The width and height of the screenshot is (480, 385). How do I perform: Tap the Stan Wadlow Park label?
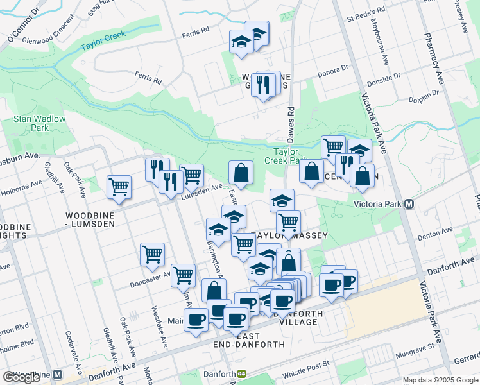tap(31, 123)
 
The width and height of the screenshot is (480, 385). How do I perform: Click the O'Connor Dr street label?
tap(23, 30)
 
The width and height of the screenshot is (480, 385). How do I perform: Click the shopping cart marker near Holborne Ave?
tap(119, 187)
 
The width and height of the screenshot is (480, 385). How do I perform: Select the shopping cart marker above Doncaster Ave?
tap(152, 254)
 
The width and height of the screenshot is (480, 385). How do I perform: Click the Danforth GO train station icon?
tap(242, 373)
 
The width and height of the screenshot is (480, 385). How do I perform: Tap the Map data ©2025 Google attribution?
tap(440, 380)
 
